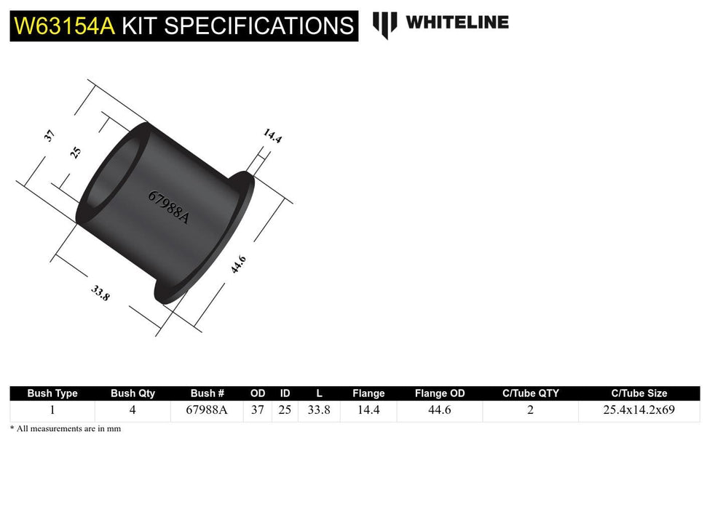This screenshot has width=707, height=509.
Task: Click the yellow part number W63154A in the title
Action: [64, 26]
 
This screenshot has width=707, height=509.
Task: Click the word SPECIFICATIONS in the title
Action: [258, 26]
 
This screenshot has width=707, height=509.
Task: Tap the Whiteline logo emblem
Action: [385, 24]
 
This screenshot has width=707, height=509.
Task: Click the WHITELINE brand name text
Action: [457, 22]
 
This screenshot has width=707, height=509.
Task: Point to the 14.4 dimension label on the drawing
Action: [272, 136]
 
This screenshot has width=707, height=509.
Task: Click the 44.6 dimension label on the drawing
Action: [238, 265]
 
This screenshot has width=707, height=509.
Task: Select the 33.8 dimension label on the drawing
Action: [100, 294]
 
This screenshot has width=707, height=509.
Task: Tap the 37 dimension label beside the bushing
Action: [50, 135]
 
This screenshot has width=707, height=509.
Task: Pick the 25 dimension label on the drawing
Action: [76, 153]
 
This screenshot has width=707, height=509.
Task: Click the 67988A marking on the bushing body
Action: [168, 207]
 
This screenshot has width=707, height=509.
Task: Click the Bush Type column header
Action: [52, 393]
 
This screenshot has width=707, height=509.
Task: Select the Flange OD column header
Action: [440, 393]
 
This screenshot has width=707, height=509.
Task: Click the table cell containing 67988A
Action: [207, 410]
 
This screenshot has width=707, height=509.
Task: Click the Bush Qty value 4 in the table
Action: [133, 410]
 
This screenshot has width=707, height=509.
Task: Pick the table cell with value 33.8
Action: [319, 410]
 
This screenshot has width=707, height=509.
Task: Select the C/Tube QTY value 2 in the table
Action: [530, 410]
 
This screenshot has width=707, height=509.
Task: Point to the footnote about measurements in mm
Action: [66, 429]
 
